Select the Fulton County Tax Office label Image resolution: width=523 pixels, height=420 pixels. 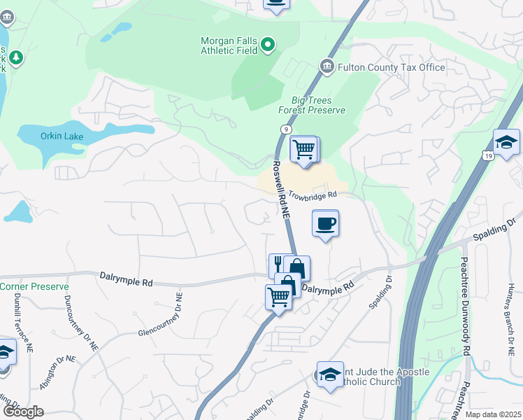coord(392,67)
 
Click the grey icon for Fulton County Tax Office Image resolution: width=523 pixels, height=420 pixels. coord(327,66)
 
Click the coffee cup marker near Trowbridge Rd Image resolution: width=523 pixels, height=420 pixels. coord(325,224)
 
